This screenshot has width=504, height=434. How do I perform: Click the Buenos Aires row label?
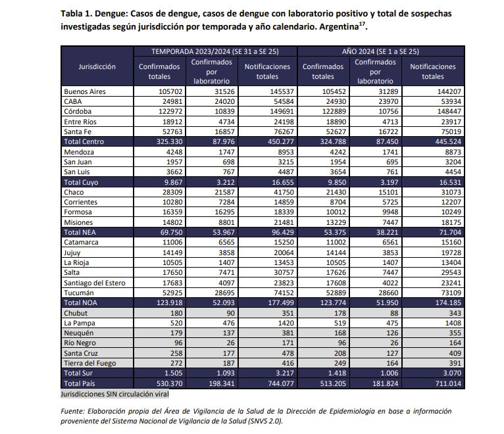click(84, 91)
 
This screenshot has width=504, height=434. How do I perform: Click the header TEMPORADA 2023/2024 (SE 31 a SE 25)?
click(215, 51)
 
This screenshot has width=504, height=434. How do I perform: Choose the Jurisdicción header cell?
click(97, 66)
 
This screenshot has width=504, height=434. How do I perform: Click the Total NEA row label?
click(80, 233)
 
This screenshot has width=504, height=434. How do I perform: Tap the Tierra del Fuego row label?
click(91, 363)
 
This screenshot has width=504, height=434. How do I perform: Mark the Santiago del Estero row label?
click(95, 283)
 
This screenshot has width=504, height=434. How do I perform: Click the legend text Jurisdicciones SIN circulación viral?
click(114, 394)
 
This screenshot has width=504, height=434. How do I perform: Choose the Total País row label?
click(80, 383)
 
